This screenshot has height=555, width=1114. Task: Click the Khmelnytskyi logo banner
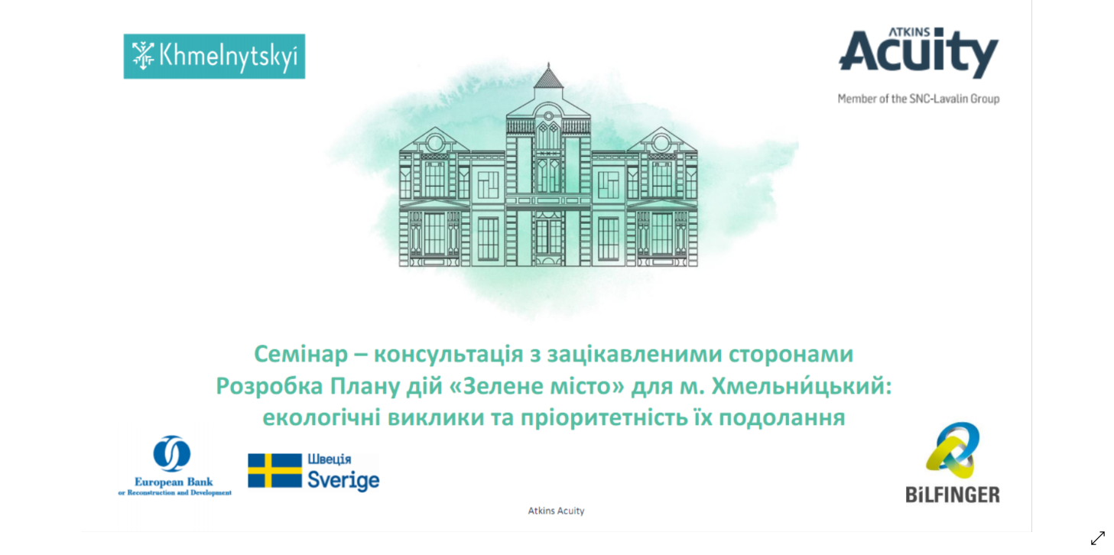click(214, 57)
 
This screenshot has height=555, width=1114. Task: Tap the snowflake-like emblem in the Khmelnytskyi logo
click(143, 56)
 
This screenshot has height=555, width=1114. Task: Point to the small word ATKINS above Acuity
click(909, 32)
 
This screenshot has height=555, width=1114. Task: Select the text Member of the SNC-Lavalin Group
click(918, 99)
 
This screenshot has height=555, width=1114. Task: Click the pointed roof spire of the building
click(548, 76)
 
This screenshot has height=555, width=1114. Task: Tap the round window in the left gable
click(435, 143)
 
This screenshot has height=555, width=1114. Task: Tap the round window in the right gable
click(661, 143)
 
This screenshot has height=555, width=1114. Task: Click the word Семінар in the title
click(301, 354)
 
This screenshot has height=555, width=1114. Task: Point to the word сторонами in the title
click(791, 355)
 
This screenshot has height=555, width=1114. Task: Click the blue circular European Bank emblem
click(171, 453)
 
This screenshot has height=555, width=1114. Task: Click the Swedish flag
click(275, 470)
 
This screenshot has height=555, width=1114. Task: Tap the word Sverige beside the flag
click(343, 480)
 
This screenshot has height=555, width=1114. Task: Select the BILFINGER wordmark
click(953, 495)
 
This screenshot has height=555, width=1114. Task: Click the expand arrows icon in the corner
click(1098, 538)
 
